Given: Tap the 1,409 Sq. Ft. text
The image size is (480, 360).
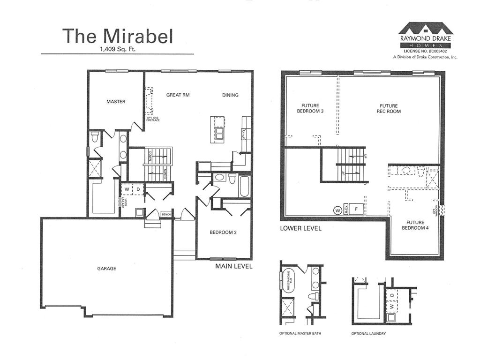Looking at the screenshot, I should [117, 49].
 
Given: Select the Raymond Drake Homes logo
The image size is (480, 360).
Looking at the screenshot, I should [425, 34].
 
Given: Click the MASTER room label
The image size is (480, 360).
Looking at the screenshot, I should [116, 102].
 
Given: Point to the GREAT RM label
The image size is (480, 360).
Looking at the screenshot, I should [178, 95].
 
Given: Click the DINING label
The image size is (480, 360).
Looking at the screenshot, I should [230, 95].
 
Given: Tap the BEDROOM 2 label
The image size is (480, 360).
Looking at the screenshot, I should [223, 232].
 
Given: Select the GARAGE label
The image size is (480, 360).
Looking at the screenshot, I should [106, 269].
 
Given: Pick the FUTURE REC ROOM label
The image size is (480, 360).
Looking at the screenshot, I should [389, 108].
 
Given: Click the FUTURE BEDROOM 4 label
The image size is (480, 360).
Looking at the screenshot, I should [415, 225].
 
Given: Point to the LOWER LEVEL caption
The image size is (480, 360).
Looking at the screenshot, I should [300, 228].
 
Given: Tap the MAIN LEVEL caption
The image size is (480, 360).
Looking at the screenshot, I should [234, 266].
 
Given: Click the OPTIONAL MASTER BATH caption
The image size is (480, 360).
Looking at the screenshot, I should [300, 334].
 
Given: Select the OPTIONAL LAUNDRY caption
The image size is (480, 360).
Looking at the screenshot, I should [368, 334].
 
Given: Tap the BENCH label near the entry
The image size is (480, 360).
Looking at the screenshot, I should [166, 214].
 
